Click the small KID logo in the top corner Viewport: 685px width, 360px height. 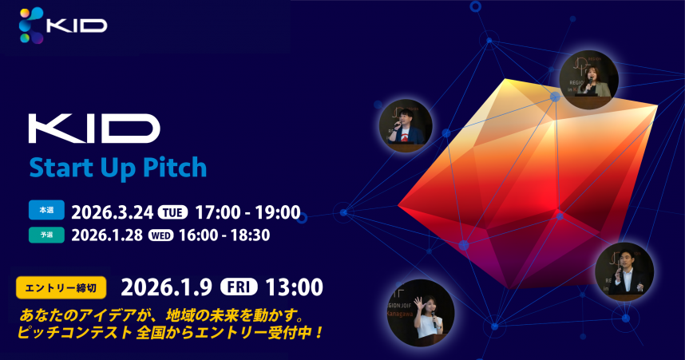tap(76, 25)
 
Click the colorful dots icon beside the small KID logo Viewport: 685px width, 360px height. tap(31, 25)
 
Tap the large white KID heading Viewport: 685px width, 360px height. tap(94, 130)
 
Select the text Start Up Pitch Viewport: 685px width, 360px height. tap(118, 168)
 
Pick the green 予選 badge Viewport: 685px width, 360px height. tap(47, 234)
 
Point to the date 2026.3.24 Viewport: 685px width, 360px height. tap(113, 212)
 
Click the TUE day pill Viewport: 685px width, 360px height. tap(172, 212)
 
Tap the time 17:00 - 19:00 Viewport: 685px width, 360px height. tap(247, 212)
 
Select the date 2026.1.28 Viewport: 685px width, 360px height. tap(108, 235)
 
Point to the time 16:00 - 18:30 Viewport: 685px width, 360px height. tap(225, 235)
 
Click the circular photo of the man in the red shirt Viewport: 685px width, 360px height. tap(405, 125)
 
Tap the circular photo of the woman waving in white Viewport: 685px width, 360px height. tap(420, 313)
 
